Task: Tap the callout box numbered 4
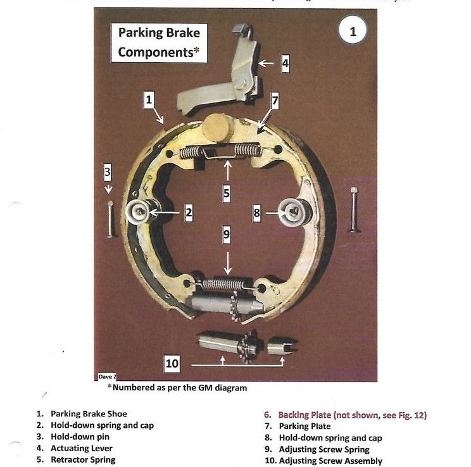(286, 63)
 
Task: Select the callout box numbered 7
(275, 101)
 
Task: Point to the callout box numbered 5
(226, 193)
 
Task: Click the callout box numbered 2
(188, 213)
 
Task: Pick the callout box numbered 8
(257, 213)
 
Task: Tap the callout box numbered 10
(172, 363)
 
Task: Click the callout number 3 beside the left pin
(108, 171)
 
